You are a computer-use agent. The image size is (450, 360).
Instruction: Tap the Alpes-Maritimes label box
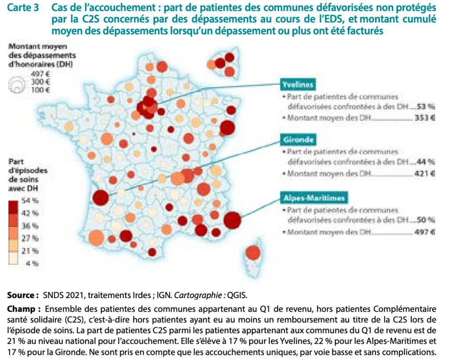pos(313,198)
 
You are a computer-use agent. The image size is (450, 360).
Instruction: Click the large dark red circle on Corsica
pos(253,253)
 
